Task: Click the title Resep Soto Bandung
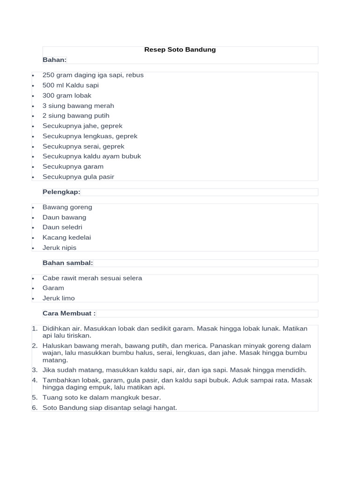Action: [180, 50]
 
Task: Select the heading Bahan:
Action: [54, 60]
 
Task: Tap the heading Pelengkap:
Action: [61, 192]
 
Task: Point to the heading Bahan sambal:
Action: [67, 263]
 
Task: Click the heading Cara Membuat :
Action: [69, 313]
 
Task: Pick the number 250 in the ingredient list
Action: [49, 75]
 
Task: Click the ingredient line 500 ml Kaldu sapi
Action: [70, 85]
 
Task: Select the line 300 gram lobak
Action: [67, 96]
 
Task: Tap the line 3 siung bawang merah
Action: [78, 106]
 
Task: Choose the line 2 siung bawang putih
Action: [75, 116]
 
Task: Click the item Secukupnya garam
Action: [73, 166]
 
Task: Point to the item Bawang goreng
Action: [67, 207]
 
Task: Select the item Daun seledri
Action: [62, 227]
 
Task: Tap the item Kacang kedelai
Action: [67, 238]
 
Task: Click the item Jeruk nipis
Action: [59, 248]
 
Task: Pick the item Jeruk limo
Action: [59, 298]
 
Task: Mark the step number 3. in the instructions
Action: [35, 370]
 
